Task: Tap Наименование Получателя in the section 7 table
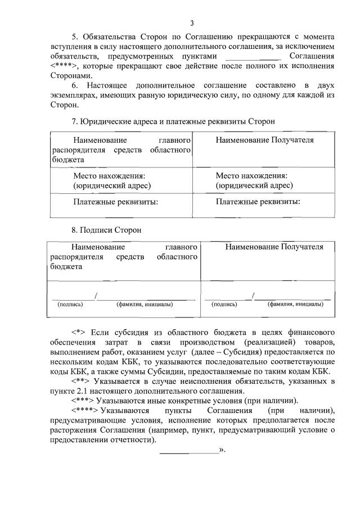(264, 140)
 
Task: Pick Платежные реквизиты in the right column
(258, 201)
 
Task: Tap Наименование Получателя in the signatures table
(274, 247)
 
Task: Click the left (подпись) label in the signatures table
(70, 305)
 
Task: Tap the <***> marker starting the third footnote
(82, 401)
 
